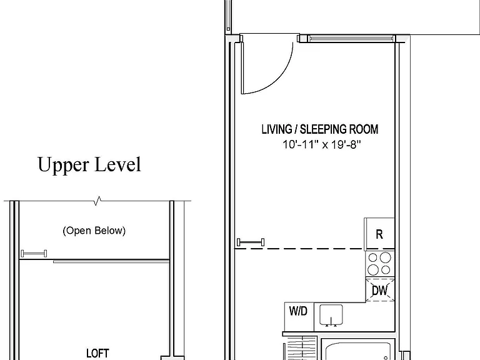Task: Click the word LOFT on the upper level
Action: [97, 353]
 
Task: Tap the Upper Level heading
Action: [89, 165]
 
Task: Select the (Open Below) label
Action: [94, 231]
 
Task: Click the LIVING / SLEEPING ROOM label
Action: [320, 129]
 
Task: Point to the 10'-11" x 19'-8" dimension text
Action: [321, 144]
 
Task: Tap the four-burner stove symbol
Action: [380, 264]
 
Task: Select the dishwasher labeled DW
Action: [380, 289]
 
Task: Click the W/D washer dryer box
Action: [299, 316]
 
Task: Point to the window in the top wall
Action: [351, 39]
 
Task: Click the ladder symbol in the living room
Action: [251, 242]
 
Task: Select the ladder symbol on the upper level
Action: [34, 254]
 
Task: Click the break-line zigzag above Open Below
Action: [98, 201]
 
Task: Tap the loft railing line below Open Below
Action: [111, 261]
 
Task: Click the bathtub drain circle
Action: [386, 358]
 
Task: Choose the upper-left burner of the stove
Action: [373, 257]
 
